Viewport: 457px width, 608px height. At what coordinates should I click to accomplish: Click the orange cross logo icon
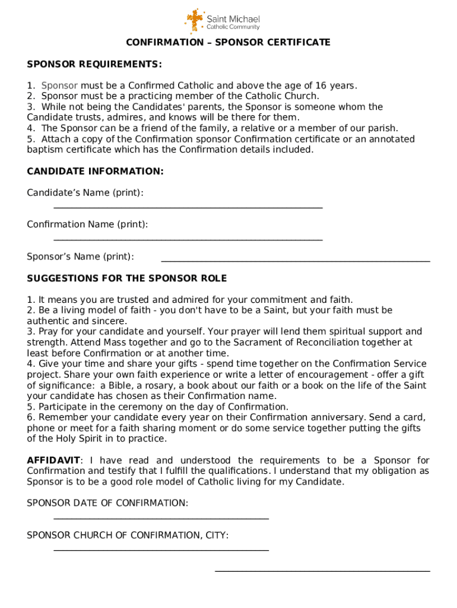click(x=194, y=21)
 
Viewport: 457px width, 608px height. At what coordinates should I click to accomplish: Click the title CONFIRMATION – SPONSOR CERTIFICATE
click(x=228, y=43)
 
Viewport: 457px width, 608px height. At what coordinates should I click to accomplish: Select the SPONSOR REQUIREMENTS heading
click(x=94, y=64)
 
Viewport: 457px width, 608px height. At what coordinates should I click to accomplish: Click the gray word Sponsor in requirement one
click(x=59, y=85)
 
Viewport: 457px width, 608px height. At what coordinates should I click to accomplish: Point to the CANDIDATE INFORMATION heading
click(x=95, y=172)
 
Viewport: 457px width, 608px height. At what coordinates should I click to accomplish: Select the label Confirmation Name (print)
click(x=87, y=224)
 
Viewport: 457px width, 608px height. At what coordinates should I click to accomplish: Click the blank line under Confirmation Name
click(x=188, y=240)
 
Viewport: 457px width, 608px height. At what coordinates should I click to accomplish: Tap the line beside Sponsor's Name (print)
click(x=295, y=261)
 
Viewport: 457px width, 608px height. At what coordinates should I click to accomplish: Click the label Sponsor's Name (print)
click(x=80, y=256)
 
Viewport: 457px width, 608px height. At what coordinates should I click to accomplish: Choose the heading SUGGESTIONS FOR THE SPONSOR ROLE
click(x=127, y=278)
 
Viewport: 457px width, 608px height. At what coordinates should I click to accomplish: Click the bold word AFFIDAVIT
click(x=53, y=461)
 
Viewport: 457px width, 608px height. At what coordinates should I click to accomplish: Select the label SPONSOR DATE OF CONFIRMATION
click(x=107, y=503)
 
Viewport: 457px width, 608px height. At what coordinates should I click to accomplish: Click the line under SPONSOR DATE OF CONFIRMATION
click(x=161, y=518)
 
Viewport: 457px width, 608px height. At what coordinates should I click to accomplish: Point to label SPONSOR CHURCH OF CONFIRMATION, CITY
click(x=128, y=536)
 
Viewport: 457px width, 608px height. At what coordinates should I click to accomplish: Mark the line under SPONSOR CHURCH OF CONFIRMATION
click(x=161, y=550)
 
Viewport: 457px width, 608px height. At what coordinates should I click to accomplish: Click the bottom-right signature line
click(x=322, y=571)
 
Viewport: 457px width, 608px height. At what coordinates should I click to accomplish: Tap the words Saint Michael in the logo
click(x=233, y=20)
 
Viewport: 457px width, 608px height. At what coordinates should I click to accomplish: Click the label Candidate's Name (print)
click(x=85, y=193)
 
